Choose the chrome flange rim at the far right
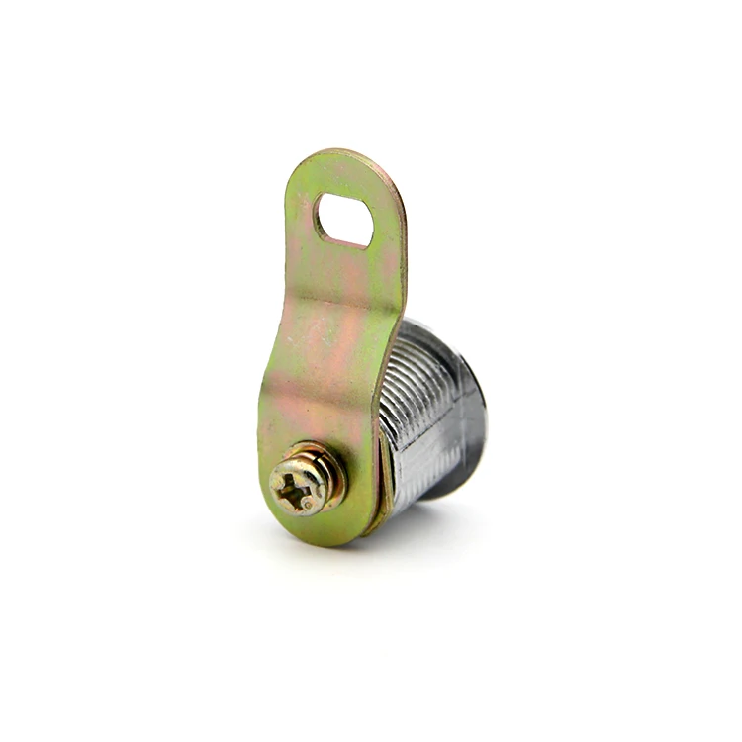[481, 425]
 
